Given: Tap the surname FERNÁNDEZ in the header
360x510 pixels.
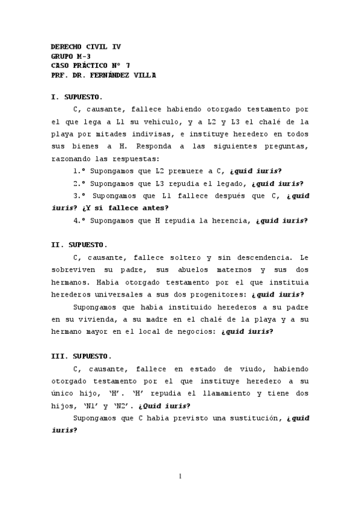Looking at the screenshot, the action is [x=116, y=75].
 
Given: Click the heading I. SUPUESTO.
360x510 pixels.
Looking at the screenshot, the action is [x=76, y=97].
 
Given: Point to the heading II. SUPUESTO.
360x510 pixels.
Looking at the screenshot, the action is [x=79, y=245].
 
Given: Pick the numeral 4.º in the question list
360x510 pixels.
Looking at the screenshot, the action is [x=78, y=220].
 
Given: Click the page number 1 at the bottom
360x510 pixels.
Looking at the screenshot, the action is [x=180, y=476].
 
